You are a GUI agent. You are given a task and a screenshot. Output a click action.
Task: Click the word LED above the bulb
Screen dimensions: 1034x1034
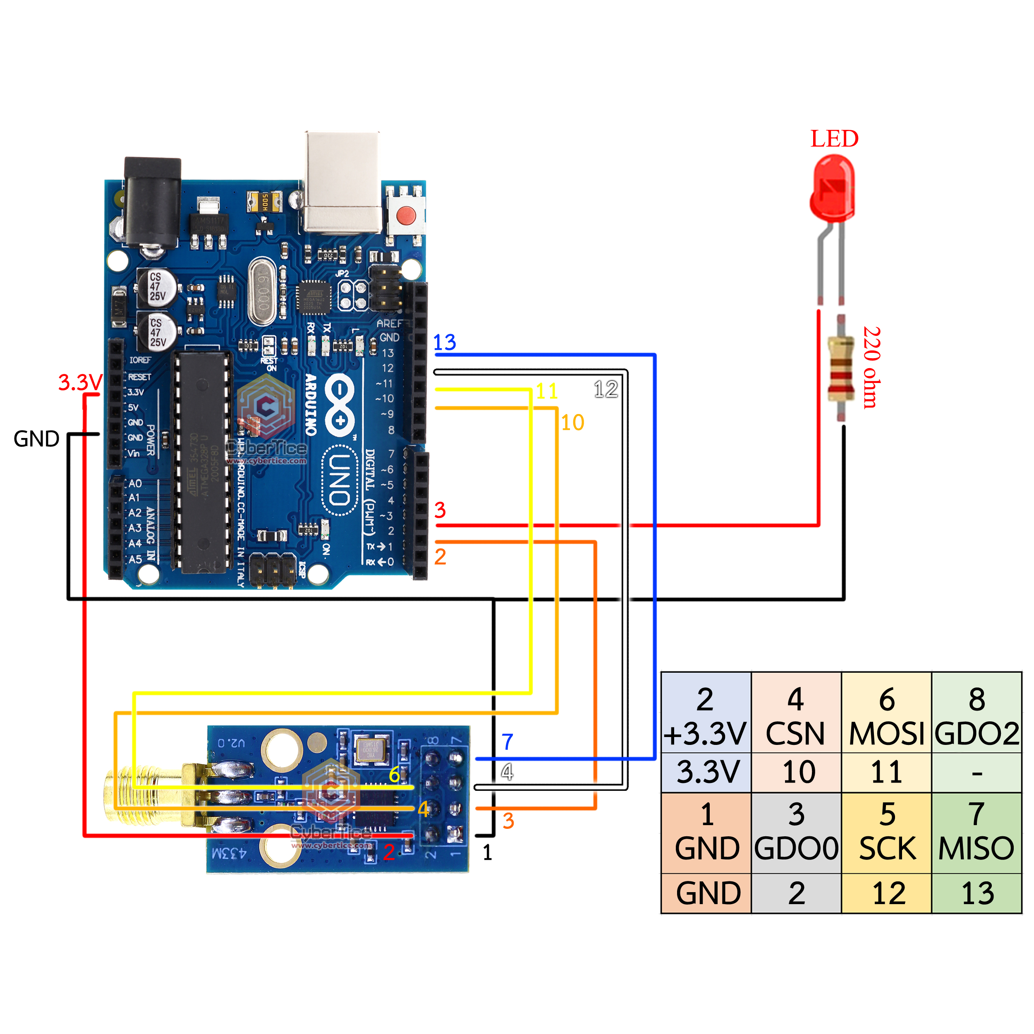click(x=834, y=139)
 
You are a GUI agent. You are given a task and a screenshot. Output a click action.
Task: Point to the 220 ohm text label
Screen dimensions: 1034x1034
click(x=871, y=368)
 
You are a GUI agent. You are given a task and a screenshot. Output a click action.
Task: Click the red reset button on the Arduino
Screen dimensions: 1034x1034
click(x=406, y=216)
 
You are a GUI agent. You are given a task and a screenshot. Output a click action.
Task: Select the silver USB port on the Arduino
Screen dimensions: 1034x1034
click(x=342, y=182)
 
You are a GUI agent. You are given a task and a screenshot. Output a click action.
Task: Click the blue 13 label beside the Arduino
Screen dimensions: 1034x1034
click(x=444, y=342)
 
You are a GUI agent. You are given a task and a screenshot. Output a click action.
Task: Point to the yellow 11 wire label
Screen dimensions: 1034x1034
click(x=546, y=391)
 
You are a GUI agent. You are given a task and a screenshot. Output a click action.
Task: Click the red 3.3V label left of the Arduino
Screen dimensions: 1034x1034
click(x=80, y=383)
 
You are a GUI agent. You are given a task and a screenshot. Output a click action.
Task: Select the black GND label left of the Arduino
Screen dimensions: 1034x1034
click(x=36, y=439)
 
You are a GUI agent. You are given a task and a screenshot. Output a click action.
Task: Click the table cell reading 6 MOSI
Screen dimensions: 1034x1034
click(x=886, y=716)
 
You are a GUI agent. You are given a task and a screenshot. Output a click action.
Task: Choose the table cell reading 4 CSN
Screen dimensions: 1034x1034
click(x=796, y=716)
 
